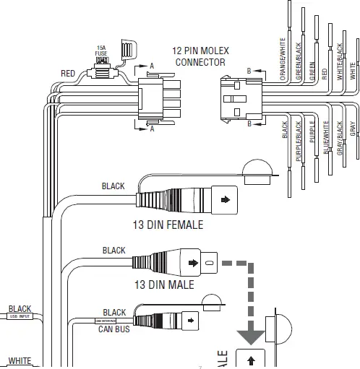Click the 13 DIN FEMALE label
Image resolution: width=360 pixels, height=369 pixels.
[168, 225]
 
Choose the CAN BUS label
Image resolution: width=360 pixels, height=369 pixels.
[113, 329]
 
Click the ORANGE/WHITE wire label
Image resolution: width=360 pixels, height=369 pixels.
[277, 62]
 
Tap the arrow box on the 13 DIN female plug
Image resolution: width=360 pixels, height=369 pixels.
[224, 196]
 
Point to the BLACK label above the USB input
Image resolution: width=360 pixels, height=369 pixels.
[20, 308]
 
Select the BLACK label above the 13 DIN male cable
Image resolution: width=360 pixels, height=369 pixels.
[113, 251]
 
